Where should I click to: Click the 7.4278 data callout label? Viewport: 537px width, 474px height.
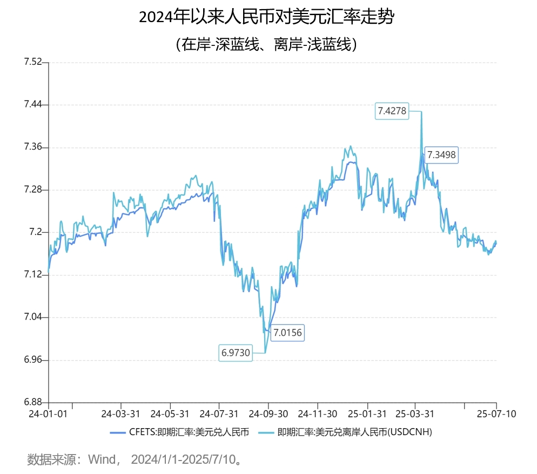click(392, 111)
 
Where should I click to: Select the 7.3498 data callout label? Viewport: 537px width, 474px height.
click(441, 155)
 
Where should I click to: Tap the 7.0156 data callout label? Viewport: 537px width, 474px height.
click(287, 332)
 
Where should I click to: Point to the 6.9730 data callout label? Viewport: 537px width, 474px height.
click(236, 353)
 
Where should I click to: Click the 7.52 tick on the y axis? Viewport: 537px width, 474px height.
click(32, 62)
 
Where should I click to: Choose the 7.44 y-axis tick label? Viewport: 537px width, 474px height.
click(32, 105)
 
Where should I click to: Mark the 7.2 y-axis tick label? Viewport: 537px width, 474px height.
click(35, 233)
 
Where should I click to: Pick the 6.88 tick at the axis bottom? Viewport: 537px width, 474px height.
click(32, 402)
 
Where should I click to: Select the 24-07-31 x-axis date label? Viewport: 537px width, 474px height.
click(219, 414)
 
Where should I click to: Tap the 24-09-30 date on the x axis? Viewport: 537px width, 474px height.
click(268, 414)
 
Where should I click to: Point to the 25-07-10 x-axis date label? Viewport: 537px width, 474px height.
click(496, 414)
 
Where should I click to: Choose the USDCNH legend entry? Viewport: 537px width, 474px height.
click(346, 432)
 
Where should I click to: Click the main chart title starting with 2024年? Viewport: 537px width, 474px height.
click(267, 17)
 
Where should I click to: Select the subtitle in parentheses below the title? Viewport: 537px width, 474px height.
click(267, 44)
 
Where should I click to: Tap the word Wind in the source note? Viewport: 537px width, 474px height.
click(102, 459)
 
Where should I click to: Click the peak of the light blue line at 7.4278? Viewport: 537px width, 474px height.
click(421, 112)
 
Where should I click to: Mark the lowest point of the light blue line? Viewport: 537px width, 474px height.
click(265, 353)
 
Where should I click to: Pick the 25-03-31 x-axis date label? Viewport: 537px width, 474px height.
click(415, 414)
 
